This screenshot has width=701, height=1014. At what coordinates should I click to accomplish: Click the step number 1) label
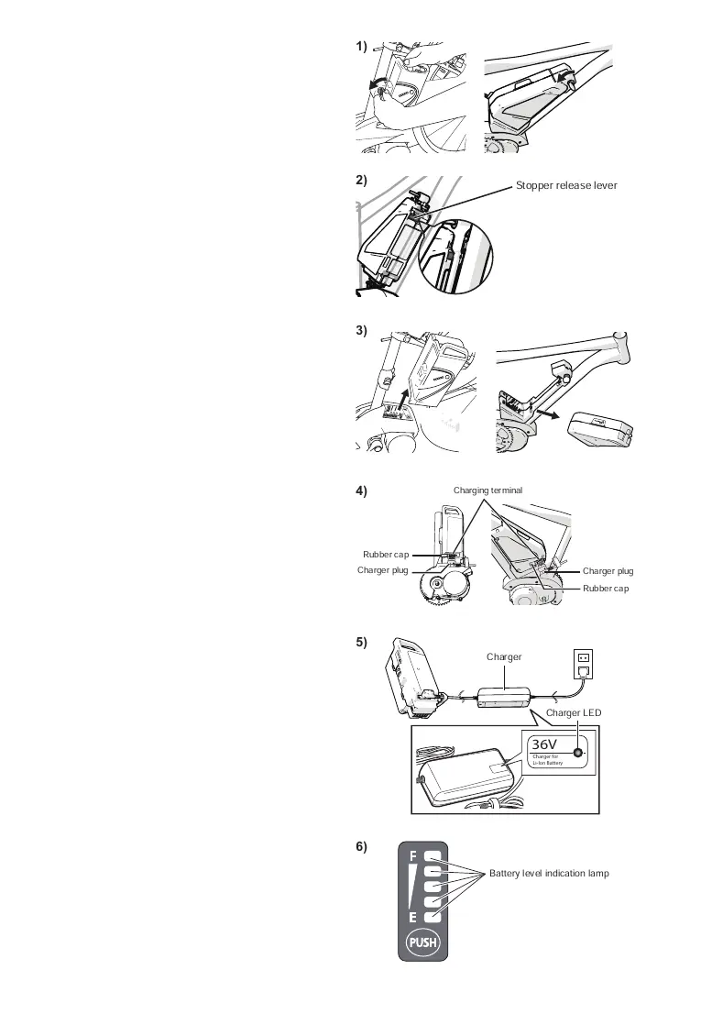pyautogui.click(x=362, y=46)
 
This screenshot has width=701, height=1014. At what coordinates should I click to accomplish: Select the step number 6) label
pyautogui.click(x=362, y=847)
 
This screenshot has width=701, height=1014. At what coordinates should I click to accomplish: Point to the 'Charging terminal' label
pyautogui.click(x=487, y=490)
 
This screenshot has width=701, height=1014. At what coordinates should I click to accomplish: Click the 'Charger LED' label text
pyautogui.click(x=573, y=712)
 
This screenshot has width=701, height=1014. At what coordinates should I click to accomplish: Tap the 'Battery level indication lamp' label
pyautogui.click(x=549, y=874)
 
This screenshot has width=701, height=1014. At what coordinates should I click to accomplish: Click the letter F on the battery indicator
pyautogui.click(x=413, y=856)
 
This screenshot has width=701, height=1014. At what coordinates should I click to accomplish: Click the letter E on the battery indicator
pyautogui.click(x=413, y=918)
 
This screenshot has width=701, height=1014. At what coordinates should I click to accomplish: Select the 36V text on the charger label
pyautogui.click(x=545, y=744)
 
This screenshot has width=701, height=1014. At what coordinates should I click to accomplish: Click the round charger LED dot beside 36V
pyautogui.click(x=578, y=752)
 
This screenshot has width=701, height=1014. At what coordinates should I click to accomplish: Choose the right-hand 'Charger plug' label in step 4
pyautogui.click(x=608, y=571)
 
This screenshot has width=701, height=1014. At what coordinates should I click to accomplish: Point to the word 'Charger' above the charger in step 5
pyautogui.click(x=504, y=657)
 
